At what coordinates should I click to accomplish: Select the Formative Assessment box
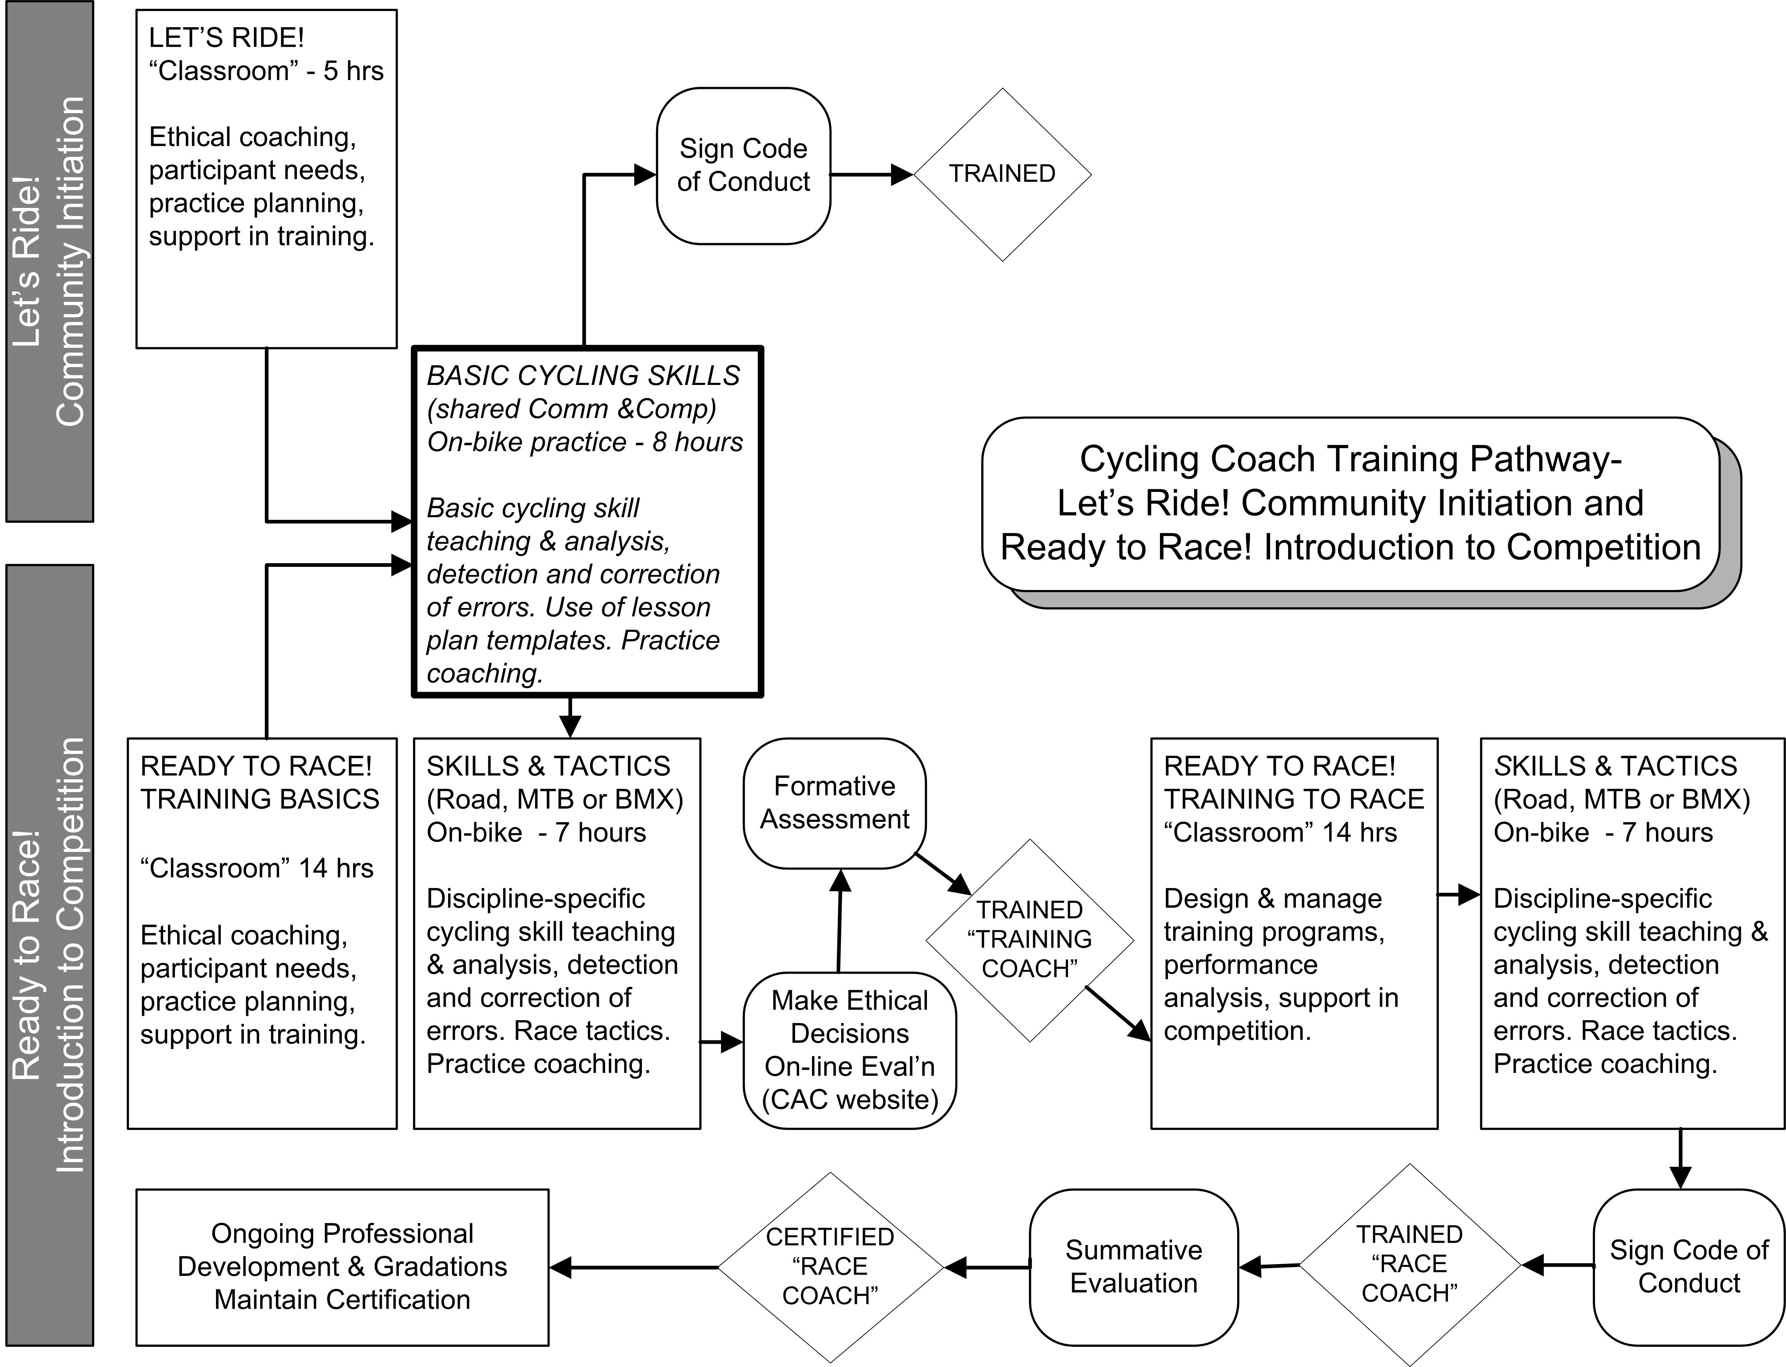834,803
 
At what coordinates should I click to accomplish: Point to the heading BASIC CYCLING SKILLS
583,376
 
